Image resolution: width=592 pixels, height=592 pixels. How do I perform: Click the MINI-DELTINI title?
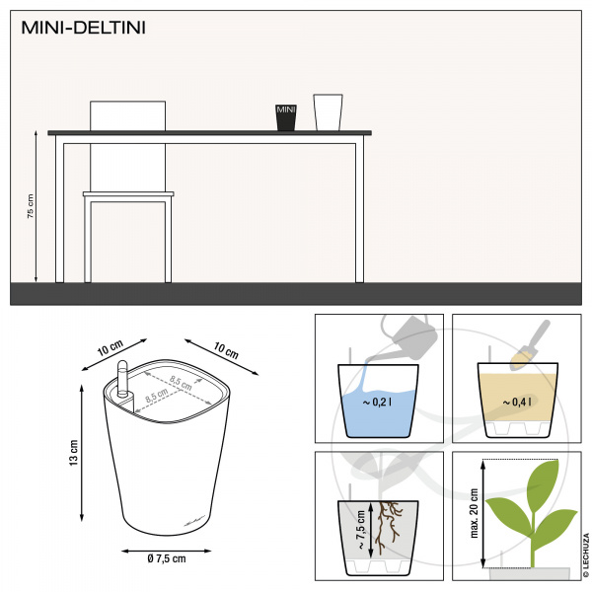83,28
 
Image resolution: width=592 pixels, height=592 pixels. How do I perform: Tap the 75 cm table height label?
31,206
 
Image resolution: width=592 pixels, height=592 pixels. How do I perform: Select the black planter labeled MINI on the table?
286,117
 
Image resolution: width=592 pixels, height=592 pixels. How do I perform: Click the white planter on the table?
328,112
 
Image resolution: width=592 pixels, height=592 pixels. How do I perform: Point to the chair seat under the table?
128,194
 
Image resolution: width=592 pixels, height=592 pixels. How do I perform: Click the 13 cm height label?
74,453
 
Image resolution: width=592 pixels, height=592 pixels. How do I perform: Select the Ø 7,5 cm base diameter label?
167,558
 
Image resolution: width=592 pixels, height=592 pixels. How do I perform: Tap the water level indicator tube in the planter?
122,379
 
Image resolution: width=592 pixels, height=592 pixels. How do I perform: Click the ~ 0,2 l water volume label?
377,403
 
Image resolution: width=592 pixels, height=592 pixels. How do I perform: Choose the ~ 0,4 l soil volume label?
517,403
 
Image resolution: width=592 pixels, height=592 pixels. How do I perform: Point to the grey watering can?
409,337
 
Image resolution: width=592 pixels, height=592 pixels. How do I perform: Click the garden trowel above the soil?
531,345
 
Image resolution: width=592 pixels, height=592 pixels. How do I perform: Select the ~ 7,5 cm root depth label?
360,530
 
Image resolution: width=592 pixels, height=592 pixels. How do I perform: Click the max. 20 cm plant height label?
475,513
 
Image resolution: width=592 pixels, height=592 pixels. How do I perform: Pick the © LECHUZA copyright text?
586,555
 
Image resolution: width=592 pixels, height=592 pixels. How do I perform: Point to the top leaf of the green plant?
543,481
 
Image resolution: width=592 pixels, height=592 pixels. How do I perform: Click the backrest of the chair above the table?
127,115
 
